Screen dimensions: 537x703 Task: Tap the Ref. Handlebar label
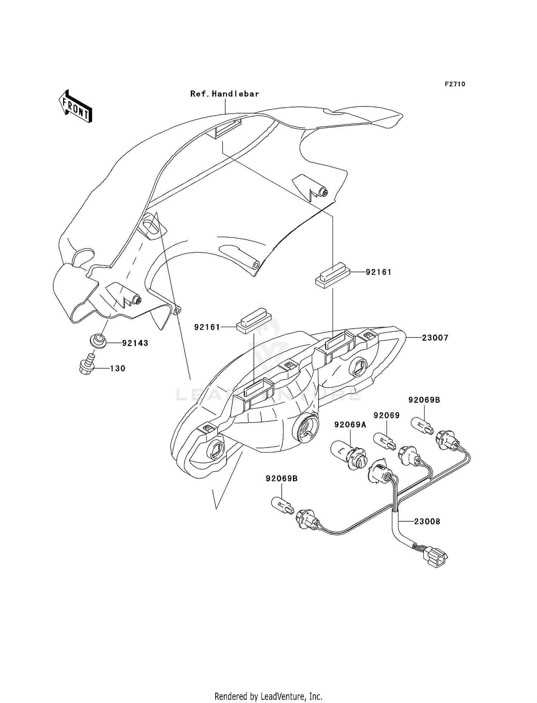[x=224, y=94]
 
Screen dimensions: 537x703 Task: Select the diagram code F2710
[x=455, y=84]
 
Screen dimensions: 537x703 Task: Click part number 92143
[x=135, y=343]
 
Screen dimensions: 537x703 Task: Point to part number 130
[x=117, y=368]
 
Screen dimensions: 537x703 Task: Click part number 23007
[x=435, y=338]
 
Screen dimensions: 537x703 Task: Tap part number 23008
[x=427, y=522]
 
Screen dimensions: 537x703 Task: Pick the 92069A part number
[x=350, y=425]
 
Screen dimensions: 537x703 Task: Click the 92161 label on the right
[x=378, y=272]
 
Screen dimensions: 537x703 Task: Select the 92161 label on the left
[x=207, y=327]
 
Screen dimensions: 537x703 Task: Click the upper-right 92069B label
[x=424, y=400]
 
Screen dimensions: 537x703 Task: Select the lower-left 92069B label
[x=281, y=479]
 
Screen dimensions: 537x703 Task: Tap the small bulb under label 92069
[x=385, y=441]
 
